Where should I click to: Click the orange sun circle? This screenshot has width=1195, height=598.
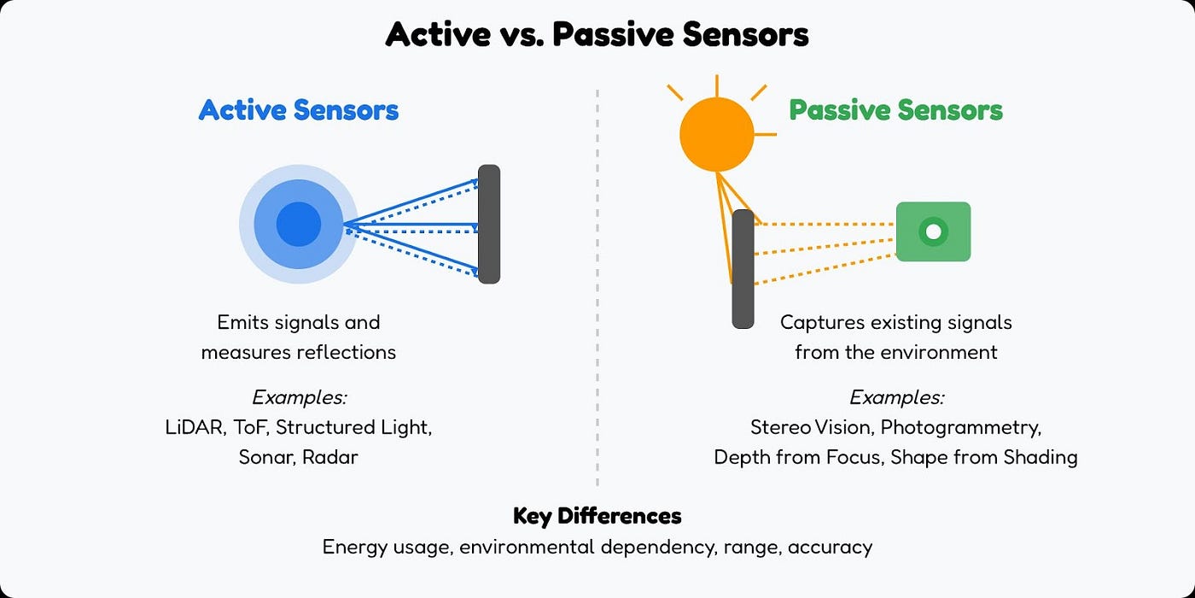[x=717, y=134]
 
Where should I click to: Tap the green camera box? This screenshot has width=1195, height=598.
[x=933, y=232]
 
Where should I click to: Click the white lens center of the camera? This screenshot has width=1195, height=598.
[x=933, y=232]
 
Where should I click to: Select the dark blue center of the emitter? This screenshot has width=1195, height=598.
[x=299, y=225]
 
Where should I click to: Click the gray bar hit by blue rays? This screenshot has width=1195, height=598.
[x=488, y=224]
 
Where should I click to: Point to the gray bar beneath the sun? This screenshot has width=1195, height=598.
[x=743, y=269]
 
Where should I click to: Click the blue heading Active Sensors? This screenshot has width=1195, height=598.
[x=299, y=110]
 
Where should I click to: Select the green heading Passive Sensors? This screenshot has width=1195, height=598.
[x=895, y=110]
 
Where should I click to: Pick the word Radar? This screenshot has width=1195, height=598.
[x=330, y=457]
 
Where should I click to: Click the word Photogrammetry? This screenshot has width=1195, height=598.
[x=961, y=427]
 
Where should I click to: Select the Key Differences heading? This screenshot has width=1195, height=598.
[x=597, y=516]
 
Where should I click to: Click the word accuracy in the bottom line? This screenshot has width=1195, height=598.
[x=830, y=547]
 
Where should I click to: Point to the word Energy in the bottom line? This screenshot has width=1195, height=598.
[x=351, y=547]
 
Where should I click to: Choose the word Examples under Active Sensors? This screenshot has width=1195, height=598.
[x=299, y=397]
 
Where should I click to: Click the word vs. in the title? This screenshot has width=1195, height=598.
[x=520, y=35]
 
